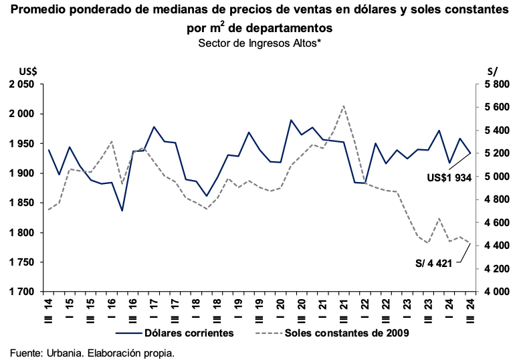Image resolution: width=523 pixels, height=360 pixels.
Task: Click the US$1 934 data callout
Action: [x=449, y=178]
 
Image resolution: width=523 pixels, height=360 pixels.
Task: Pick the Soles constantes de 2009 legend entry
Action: [x=346, y=333]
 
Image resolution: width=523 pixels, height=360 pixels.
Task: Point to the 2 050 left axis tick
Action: [x=20, y=84]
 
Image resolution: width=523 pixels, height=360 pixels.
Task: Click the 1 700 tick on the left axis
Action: [x=20, y=292]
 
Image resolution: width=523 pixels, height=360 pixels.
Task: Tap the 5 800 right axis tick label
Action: [x=497, y=84]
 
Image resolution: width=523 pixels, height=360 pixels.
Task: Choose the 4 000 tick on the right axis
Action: [x=497, y=292]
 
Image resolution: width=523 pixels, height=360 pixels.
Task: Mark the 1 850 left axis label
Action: [x=20, y=203]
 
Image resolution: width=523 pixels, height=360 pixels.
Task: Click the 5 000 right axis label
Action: [x=497, y=177]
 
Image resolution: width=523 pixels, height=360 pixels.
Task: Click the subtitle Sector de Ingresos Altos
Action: [x=260, y=43]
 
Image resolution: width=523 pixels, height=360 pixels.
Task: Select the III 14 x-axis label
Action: [x=48, y=306]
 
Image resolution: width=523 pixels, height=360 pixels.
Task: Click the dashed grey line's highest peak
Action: [x=343, y=106]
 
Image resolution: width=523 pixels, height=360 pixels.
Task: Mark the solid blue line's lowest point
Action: [x=122, y=211]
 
